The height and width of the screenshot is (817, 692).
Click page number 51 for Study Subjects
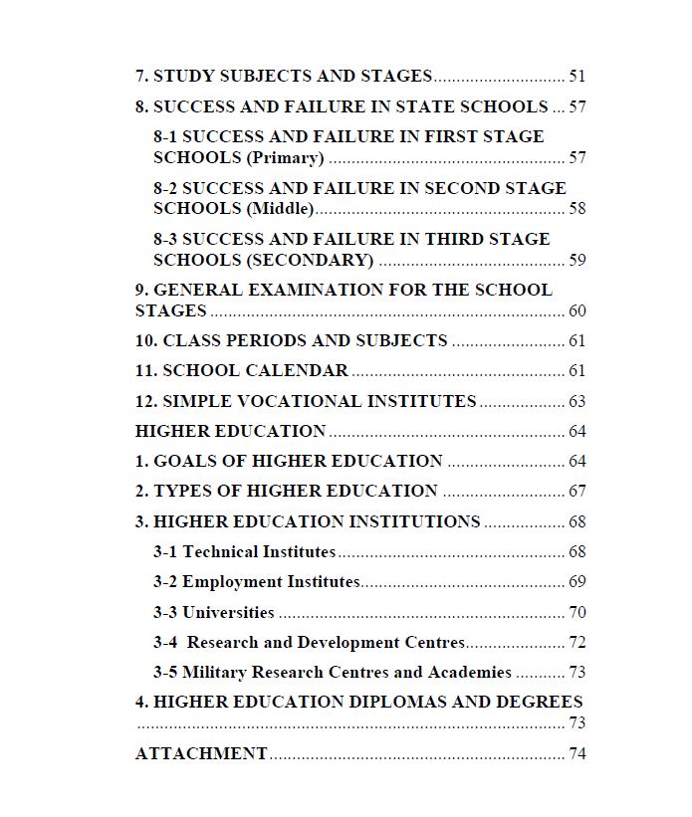coord(577,77)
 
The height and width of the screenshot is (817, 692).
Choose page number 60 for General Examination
coord(577,311)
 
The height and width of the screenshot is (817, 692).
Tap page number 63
coord(577,402)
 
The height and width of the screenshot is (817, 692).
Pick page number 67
coord(577,492)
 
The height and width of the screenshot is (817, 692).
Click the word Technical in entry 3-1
coord(220,552)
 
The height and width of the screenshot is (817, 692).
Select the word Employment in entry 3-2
coord(232,582)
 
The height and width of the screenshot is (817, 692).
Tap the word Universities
coord(228,613)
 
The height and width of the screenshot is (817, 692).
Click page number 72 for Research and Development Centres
coord(577,643)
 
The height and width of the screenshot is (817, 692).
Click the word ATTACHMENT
coord(201,754)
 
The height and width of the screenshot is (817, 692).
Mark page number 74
coord(577,754)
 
